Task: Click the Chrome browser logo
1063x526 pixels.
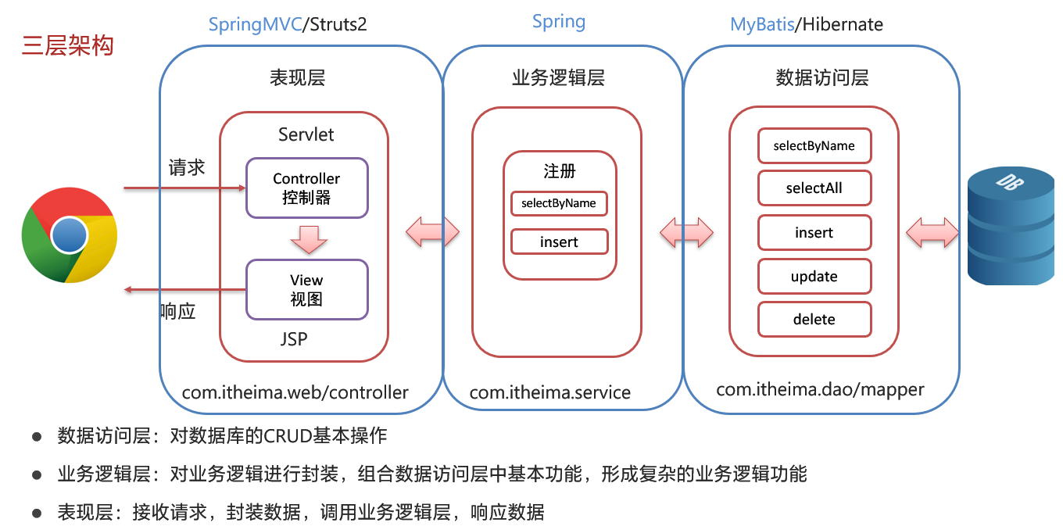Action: click(x=70, y=235)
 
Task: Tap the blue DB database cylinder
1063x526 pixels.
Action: click(x=1011, y=226)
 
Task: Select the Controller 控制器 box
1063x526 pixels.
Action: click(x=307, y=188)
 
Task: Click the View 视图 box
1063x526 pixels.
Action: click(x=307, y=290)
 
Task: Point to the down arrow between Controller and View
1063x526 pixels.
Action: click(x=309, y=239)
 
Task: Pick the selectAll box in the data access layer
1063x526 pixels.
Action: click(x=814, y=188)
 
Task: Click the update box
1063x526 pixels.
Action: click(x=814, y=277)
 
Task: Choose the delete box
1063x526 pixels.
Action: click(x=814, y=320)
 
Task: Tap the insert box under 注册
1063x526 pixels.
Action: click(x=559, y=242)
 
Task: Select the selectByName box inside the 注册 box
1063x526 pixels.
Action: click(x=559, y=204)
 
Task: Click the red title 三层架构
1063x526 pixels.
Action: click(x=67, y=46)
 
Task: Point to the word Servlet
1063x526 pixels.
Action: click(x=306, y=135)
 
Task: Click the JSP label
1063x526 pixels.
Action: click(x=294, y=339)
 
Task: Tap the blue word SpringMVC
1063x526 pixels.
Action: click(x=256, y=25)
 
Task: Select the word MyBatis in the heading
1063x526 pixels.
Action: click(x=762, y=25)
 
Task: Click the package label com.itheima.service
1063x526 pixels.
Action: click(x=550, y=392)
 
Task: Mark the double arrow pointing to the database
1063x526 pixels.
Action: click(x=932, y=233)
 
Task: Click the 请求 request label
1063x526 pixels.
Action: click(x=187, y=167)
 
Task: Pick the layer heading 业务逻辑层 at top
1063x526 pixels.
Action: click(x=559, y=78)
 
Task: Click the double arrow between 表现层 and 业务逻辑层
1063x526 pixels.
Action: click(x=432, y=232)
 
